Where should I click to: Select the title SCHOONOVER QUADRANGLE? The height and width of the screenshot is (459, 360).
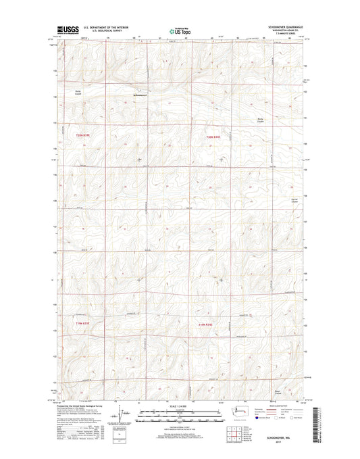coord(288,26)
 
